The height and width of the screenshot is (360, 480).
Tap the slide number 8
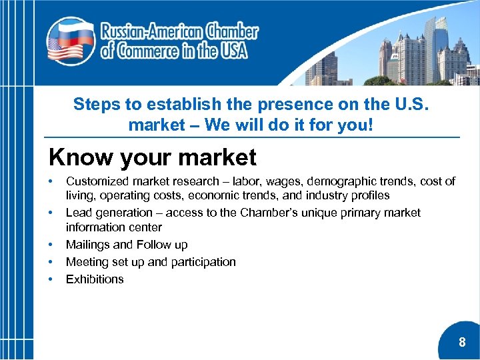[x=462, y=343]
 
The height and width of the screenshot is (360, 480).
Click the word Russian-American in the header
[x=151, y=31]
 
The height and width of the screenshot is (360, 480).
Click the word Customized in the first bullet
[x=97, y=181]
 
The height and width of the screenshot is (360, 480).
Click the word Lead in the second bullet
[x=79, y=213]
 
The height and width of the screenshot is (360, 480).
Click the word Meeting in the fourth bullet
[x=88, y=262]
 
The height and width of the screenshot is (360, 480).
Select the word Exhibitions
[x=95, y=279]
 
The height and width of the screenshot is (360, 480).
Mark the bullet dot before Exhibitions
[x=51, y=279]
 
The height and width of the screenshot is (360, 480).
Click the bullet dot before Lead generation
[x=51, y=213]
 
